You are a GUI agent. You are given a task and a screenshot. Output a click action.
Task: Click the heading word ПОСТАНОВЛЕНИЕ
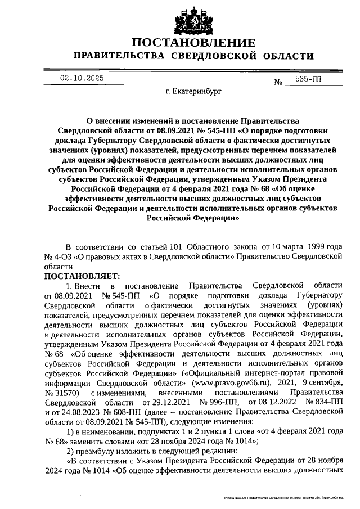click(193, 43)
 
